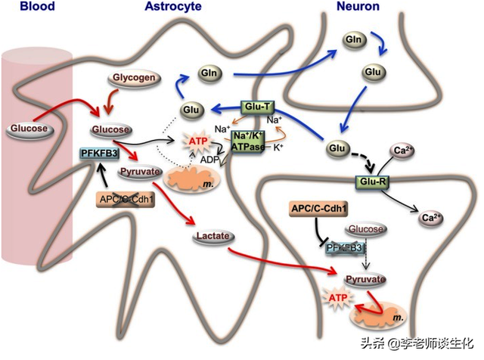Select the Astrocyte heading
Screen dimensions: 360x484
click(173, 7)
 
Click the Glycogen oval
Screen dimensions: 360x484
click(132, 79)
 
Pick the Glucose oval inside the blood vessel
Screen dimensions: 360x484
click(28, 129)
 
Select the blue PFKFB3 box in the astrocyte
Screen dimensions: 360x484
click(97, 153)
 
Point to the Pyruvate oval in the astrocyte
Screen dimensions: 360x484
click(139, 172)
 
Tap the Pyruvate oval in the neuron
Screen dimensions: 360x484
click(365, 279)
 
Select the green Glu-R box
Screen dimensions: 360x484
click(371, 182)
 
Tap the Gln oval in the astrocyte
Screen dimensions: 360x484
click(209, 74)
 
